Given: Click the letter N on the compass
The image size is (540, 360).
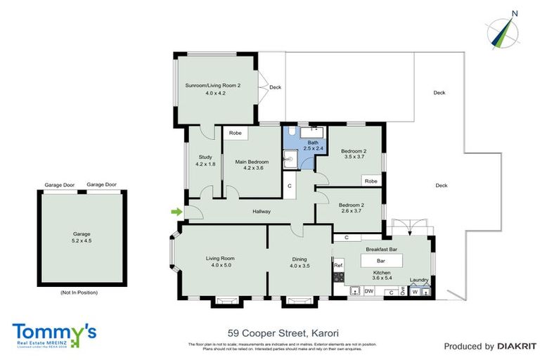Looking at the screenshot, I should [x=515, y=13].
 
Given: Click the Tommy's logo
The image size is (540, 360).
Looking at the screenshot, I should [x=53, y=333].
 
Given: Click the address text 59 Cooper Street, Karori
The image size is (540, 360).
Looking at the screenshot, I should [x=283, y=333].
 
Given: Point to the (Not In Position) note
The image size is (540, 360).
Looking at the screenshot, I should [x=79, y=292].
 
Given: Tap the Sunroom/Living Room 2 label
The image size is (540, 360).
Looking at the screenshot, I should [x=213, y=85].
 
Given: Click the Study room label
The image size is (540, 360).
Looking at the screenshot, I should [x=205, y=157].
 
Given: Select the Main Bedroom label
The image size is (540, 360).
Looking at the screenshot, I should [x=252, y=162].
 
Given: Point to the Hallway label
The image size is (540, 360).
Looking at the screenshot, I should [x=262, y=211].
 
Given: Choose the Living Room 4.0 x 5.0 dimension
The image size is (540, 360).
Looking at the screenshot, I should [x=219, y=266].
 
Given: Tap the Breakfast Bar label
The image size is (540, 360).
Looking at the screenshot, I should [x=382, y=249].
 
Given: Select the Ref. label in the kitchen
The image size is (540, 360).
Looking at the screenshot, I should [x=338, y=265].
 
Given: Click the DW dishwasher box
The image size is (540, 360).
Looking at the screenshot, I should [x=369, y=290].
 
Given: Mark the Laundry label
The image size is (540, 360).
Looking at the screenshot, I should [x=420, y=279].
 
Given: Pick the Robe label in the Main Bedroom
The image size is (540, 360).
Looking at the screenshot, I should [x=236, y=132].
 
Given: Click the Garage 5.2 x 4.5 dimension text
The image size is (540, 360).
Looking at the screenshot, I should [x=82, y=240].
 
